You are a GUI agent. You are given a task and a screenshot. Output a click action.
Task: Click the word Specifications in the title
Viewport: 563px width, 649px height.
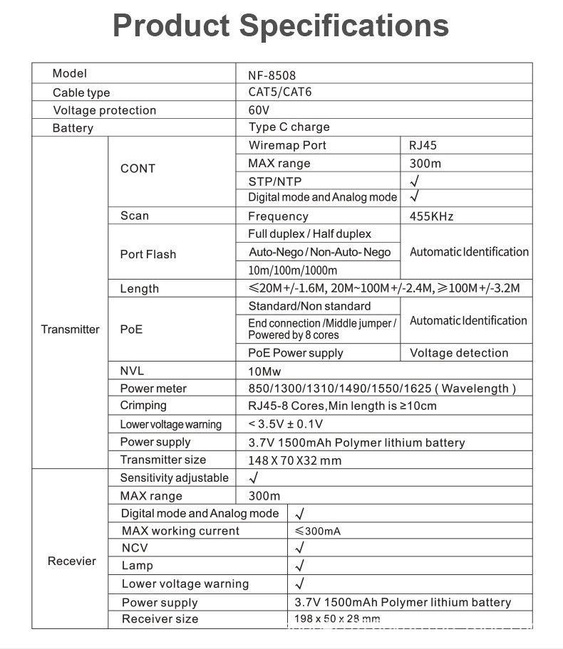344,26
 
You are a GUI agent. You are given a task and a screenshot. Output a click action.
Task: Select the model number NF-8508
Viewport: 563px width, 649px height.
272,75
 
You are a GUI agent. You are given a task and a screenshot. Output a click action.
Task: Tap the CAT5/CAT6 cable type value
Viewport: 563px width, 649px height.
279,92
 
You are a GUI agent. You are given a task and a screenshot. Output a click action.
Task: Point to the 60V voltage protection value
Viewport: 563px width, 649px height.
259,110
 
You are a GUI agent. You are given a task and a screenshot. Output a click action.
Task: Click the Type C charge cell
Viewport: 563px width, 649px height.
289,127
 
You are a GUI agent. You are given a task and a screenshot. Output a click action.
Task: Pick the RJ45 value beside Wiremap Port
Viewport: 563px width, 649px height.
423,145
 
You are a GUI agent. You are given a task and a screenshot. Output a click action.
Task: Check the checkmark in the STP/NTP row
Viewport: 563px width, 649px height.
414,181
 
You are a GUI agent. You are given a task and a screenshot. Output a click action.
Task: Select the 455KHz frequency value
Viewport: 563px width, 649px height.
431,216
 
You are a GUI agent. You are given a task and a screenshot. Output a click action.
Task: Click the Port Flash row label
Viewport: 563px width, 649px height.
148,254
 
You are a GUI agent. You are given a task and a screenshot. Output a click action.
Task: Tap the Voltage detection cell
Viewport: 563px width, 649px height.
459,353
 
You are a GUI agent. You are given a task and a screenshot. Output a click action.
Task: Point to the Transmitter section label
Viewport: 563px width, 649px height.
70,329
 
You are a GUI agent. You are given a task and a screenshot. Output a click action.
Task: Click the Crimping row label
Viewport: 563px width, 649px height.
143,406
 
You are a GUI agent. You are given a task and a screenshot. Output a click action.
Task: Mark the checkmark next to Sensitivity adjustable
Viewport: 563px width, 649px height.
254,478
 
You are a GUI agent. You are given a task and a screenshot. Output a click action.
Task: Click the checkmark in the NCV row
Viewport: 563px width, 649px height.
299,548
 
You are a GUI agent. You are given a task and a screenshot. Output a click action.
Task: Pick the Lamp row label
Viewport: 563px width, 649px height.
137,566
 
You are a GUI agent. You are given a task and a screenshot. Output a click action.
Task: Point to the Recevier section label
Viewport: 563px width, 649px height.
71,561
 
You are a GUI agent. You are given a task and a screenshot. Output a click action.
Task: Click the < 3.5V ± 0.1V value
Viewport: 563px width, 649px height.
285,424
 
